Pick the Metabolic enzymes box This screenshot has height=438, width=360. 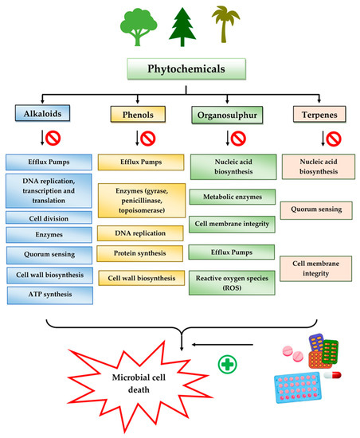(226, 196)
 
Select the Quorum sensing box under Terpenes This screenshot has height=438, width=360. (314, 209)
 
